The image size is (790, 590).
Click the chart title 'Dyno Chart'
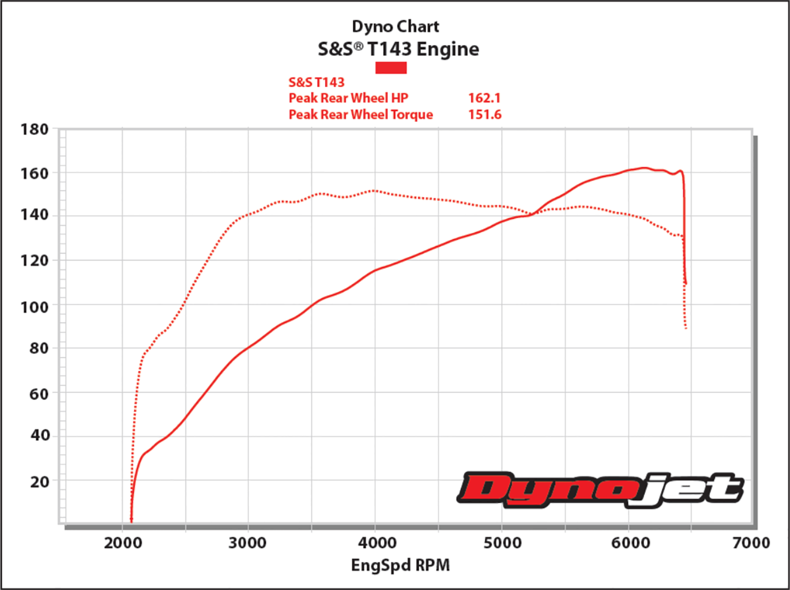click(395, 27)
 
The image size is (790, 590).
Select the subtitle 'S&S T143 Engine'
click(398, 49)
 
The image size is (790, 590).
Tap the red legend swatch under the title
click(391, 67)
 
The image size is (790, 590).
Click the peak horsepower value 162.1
click(484, 98)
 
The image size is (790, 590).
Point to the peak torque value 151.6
click(484, 114)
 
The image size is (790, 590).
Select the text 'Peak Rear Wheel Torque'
click(360, 114)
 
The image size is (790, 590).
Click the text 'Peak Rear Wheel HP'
click(348, 98)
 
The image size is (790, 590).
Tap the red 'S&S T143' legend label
click(316, 82)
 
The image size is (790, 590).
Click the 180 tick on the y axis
click(35, 129)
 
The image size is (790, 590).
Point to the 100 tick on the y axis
click(35, 307)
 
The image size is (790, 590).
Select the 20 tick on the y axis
click(39, 481)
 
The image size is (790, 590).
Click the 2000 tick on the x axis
click(123, 543)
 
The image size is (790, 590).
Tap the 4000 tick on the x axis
click(377, 543)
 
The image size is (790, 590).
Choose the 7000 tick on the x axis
click(751, 543)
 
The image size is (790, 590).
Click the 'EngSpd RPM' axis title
click(400, 565)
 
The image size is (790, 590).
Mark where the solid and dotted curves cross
click(532, 214)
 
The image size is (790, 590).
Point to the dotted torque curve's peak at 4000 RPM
click(375, 190)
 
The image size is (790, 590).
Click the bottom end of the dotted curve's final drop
click(686, 329)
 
